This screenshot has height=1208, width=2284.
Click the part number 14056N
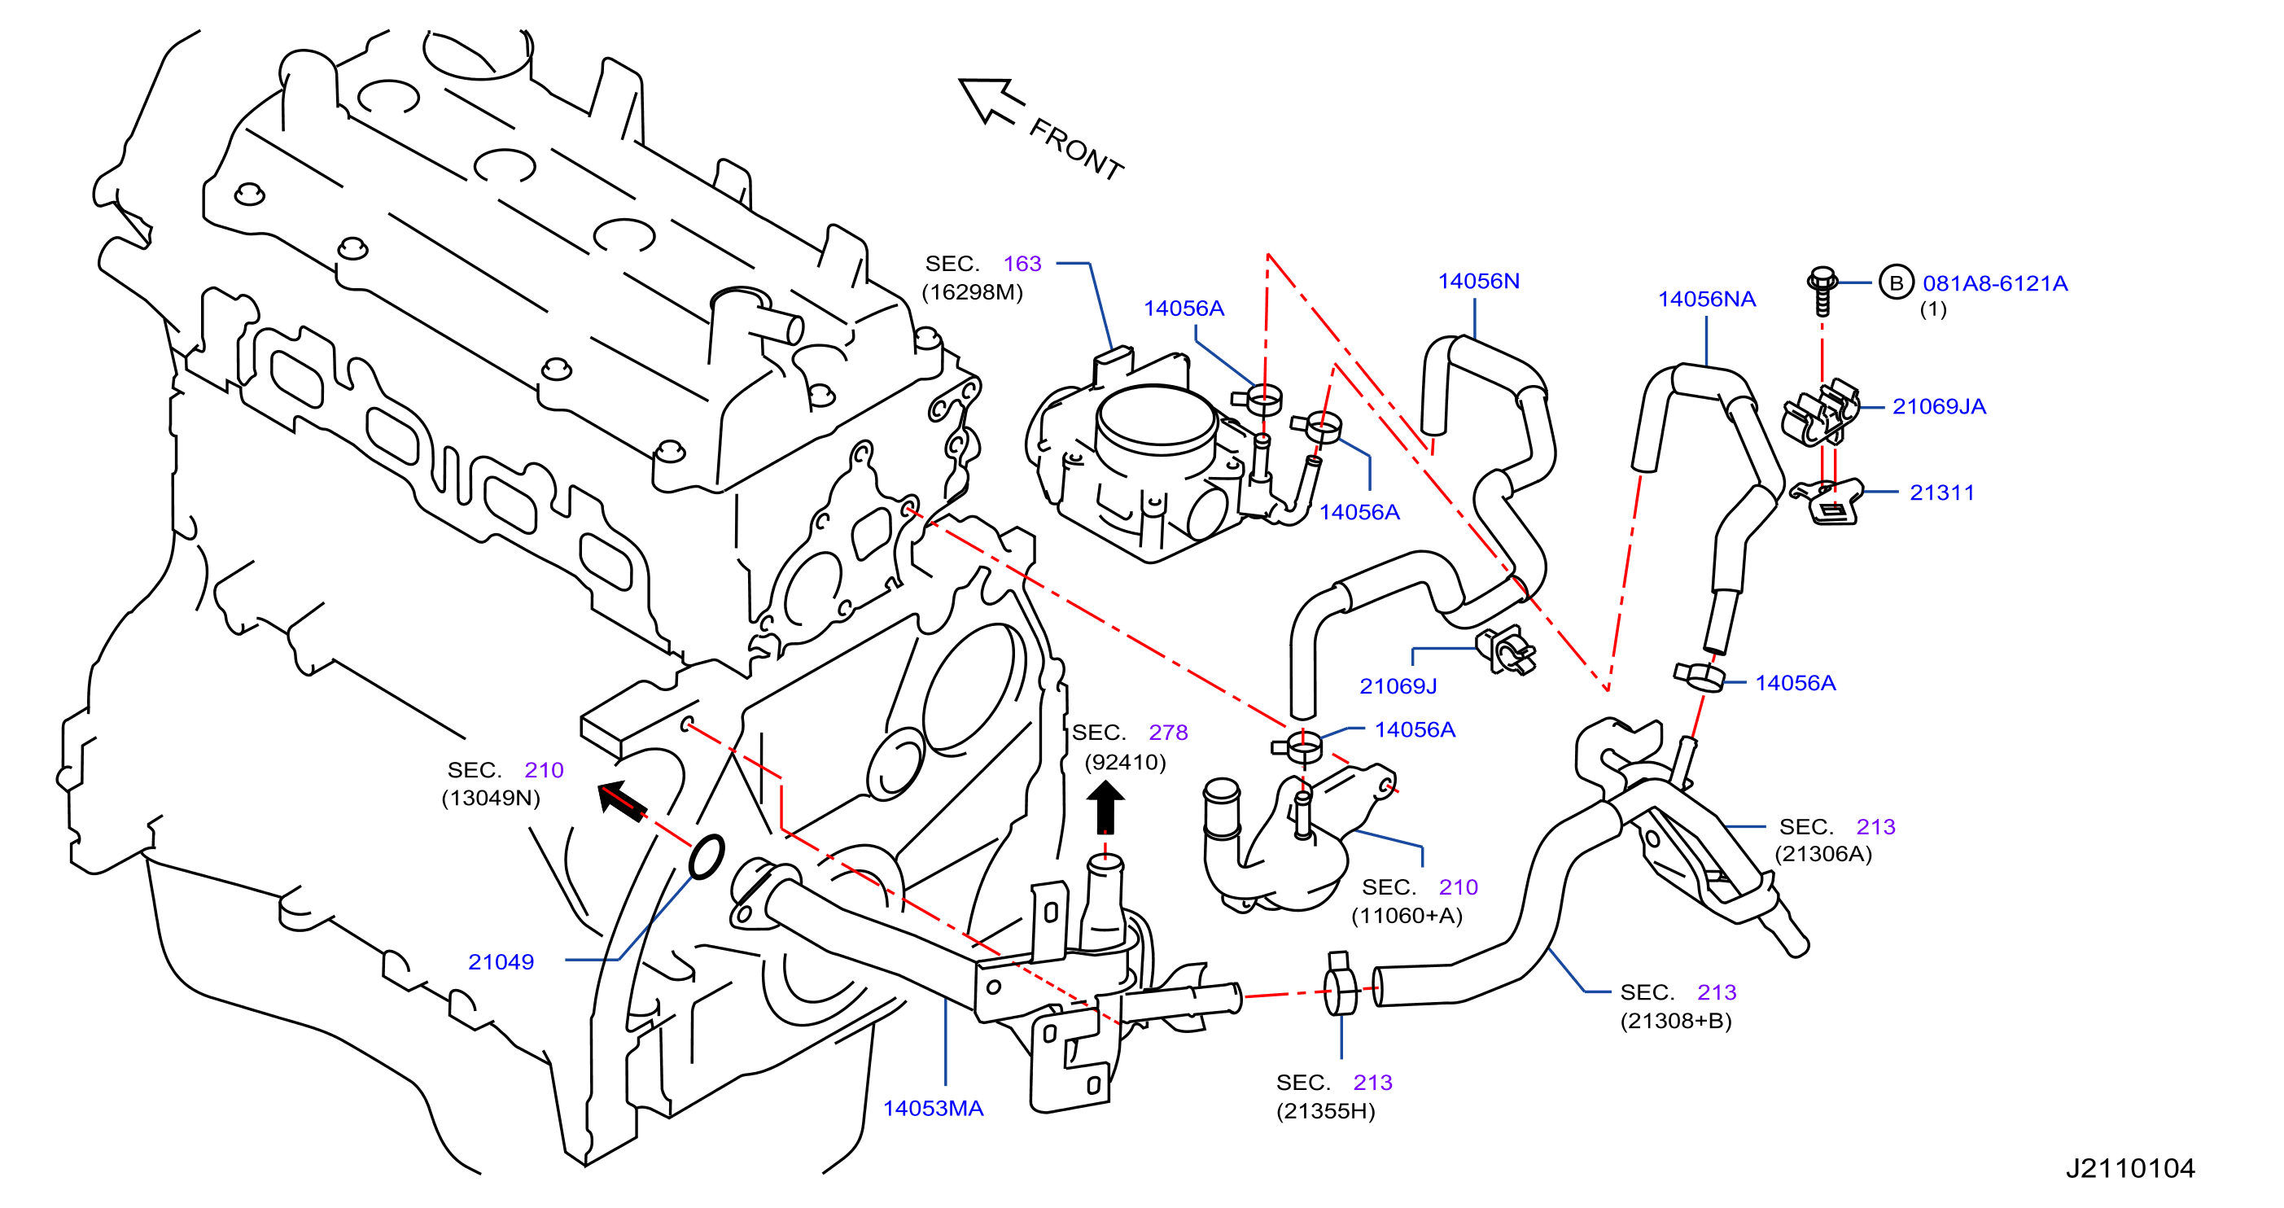(x=1478, y=281)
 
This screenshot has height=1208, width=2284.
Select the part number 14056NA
(x=1707, y=299)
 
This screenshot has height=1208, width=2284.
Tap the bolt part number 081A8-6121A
(x=1995, y=283)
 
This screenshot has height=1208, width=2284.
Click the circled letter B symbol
(x=1896, y=283)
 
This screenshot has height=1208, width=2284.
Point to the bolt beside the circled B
(x=1821, y=290)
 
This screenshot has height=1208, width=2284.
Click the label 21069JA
(x=1939, y=406)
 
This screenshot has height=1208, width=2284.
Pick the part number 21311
(x=1942, y=492)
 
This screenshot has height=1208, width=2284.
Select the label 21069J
(x=1398, y=685)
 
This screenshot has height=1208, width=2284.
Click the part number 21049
(x=501, y=961)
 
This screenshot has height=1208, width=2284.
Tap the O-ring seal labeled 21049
(x=707, y=857)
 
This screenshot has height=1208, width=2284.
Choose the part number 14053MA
(x=933, y=1108)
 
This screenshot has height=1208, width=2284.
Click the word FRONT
(x=1075, y=149)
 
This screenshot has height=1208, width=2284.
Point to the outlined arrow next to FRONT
(x=991, y=100)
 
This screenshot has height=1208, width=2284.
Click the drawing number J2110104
(x=2131, y=1168)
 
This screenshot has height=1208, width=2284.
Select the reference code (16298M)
(x=973, y=291)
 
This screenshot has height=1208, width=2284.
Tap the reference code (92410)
(x=1125, y=762)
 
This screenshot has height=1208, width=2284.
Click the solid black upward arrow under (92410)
(x=1105, y=806)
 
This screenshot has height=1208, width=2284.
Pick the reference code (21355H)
(x=1325, y=1110)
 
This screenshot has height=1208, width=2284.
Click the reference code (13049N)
(x=490, y=798)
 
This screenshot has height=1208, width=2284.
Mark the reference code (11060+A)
(x=1407, y=914)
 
